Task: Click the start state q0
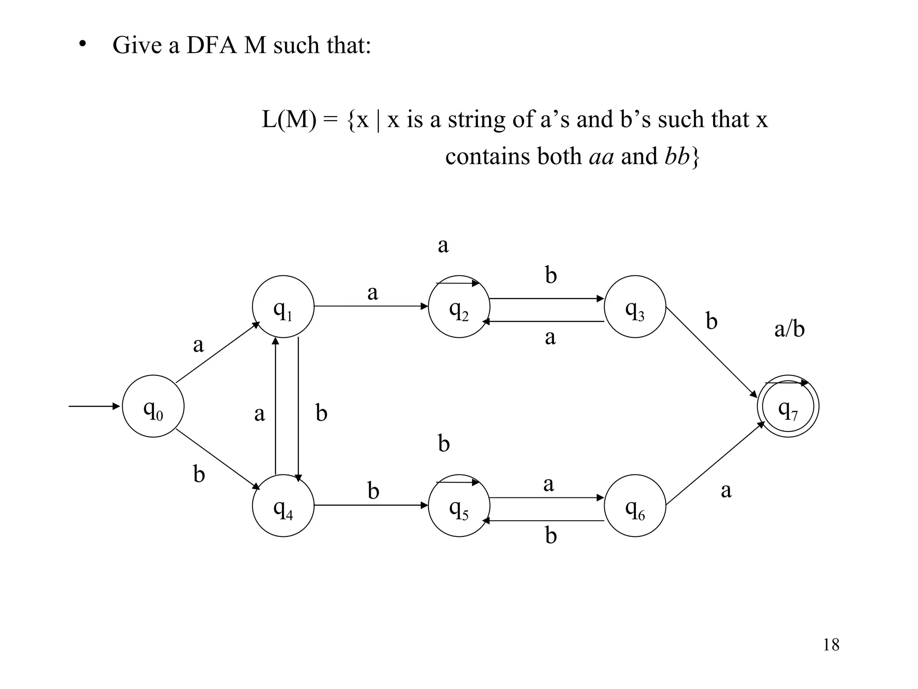[x=153, y=406]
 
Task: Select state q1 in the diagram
[x=283, y=306]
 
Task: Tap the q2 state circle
[x=459, y=306]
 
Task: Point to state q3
[x=635, y=306]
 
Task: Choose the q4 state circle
[x=283, y=506]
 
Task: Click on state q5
[x=459, y=506]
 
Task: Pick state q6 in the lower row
[x=635, y=506]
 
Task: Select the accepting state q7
[x=788, y=406]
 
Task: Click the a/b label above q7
[x=789, y=330]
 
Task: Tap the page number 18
[x=831, y=645]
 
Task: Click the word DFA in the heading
[x=211, y=45]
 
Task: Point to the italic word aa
[x=601, y=157]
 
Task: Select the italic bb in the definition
[x=676, y=157]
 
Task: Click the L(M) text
[x=289, y=120]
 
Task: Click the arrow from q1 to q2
[x=371, y=306]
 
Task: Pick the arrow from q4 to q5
[x=371, y=506]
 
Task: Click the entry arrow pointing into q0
[x=94, y=406]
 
